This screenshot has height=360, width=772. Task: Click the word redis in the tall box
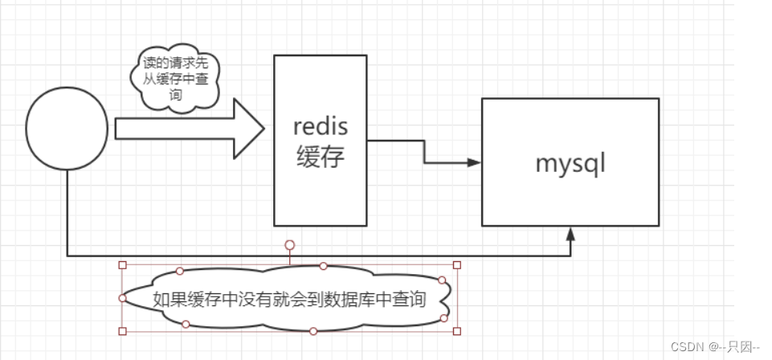(x=320, y=126)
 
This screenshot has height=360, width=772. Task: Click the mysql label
(x=570, y=163)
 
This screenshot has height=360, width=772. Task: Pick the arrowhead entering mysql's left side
(x=474, y=162)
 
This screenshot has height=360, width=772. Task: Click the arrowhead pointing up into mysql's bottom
(x=570, y=233)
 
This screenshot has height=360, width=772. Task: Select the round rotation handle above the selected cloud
(x=290, y=244)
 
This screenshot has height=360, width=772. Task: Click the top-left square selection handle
(x=123, y=264)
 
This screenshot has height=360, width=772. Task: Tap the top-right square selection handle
(x=457, y=264)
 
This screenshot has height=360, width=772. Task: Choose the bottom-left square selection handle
(x=123, y=330)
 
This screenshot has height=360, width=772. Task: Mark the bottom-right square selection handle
(x=457, y=330)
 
